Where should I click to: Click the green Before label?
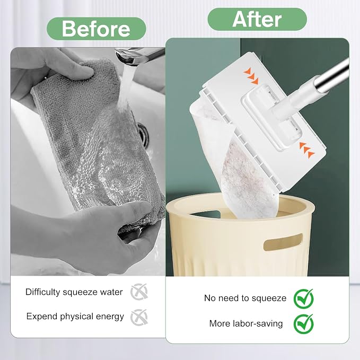96,29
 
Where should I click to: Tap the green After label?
257,20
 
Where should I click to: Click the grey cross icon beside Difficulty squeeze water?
139,292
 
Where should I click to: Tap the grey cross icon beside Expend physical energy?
139,317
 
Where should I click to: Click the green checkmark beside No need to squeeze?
303,298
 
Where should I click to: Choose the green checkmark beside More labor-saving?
303,324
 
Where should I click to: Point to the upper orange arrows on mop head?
251,76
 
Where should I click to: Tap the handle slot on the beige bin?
283,242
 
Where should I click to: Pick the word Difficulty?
43,292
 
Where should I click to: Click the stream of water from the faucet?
125,87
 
